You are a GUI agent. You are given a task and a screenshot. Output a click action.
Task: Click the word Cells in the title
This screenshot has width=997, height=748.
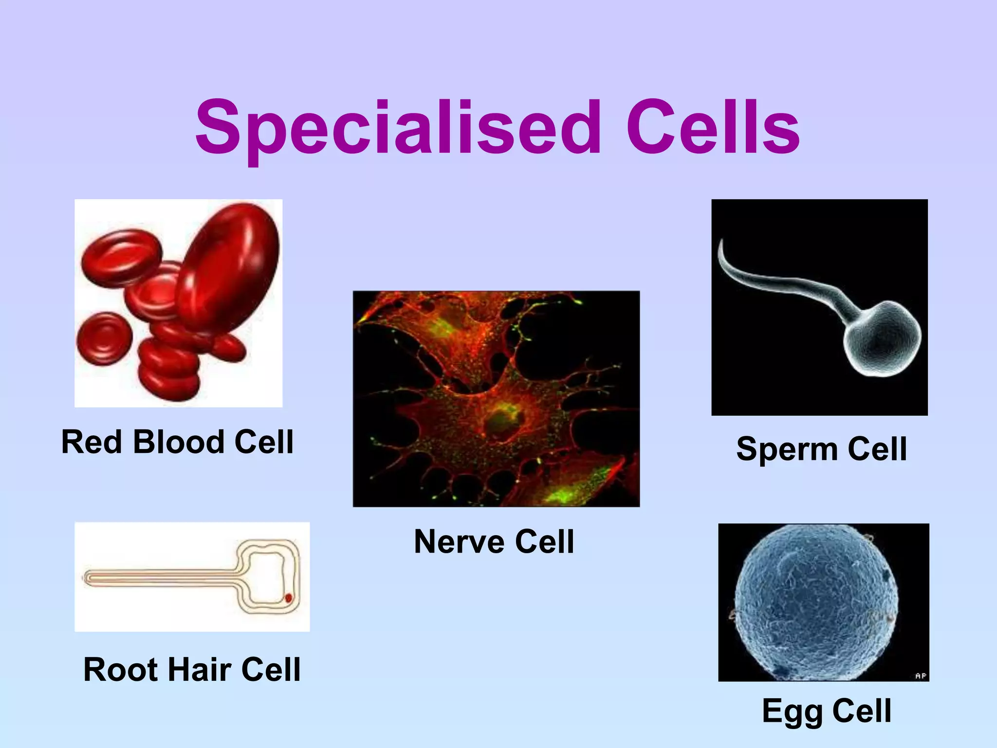(x=713, y=128)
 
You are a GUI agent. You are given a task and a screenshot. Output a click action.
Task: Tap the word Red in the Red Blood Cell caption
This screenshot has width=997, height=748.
(x=91, y=442)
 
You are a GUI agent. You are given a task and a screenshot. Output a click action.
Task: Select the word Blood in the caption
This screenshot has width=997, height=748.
(x=178, y=442)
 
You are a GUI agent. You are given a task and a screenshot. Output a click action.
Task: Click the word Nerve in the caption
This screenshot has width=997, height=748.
(x=458, y=542)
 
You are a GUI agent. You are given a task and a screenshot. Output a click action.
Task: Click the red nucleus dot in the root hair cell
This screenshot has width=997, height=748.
(x=288, y=598)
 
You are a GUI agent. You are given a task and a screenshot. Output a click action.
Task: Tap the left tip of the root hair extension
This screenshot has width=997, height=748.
(x=86, y=578)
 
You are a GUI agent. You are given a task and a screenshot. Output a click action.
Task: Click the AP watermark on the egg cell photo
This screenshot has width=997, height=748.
(x=920, y=676)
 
